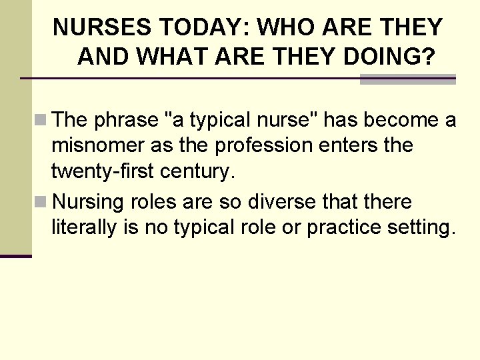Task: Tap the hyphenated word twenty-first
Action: click(103, 171)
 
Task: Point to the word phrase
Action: click(126, 120)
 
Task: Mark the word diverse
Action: click(291, 201)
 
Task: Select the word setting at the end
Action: click(422, 227)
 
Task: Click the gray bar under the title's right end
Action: click(407, 79)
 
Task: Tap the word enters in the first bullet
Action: click(364, 145)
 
